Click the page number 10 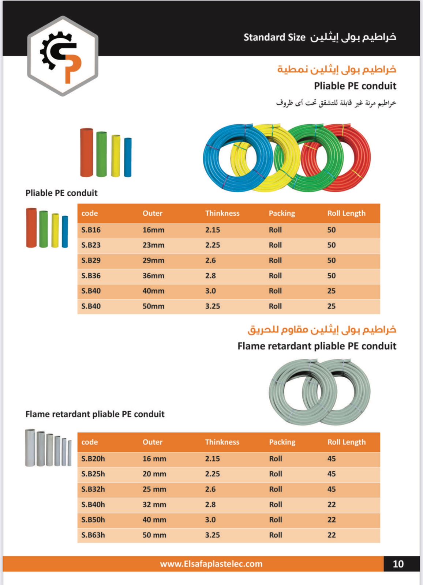pyautogui.click(x=398, y=564)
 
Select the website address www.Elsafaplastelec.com pyautogui.click(x=211, y=564)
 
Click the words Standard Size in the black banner pyautogui.click(x=274, y=37)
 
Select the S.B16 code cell pyautogui.click(x=91, y=230)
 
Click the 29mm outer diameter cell pyautogui.click(x=153, y=260)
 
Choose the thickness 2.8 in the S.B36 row pyautogui.click(x=210, y=276)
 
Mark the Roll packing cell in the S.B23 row pyautogui.click(x=275, y=245)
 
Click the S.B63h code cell pyautogui.click(x=93, y=535)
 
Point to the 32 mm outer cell pyautogui.click(x=154, y=505)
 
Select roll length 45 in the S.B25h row pyautogui.click(x=332, y=474)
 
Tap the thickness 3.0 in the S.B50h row pyautogui.click(x=210, y=520)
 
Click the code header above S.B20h pyautogui.click(x=90, y=442)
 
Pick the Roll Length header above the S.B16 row pyautogui.click(x=346, y=213)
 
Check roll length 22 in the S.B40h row pyautogui.click(x=332, y=505)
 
